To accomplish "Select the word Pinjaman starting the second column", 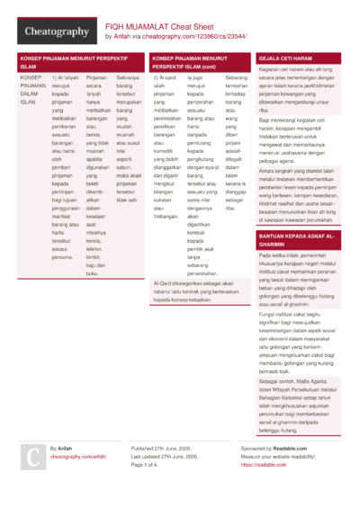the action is [x=96, y=78].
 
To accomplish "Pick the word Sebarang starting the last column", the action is [x=235, y=78].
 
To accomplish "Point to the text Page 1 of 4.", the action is [x=150, y=465].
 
